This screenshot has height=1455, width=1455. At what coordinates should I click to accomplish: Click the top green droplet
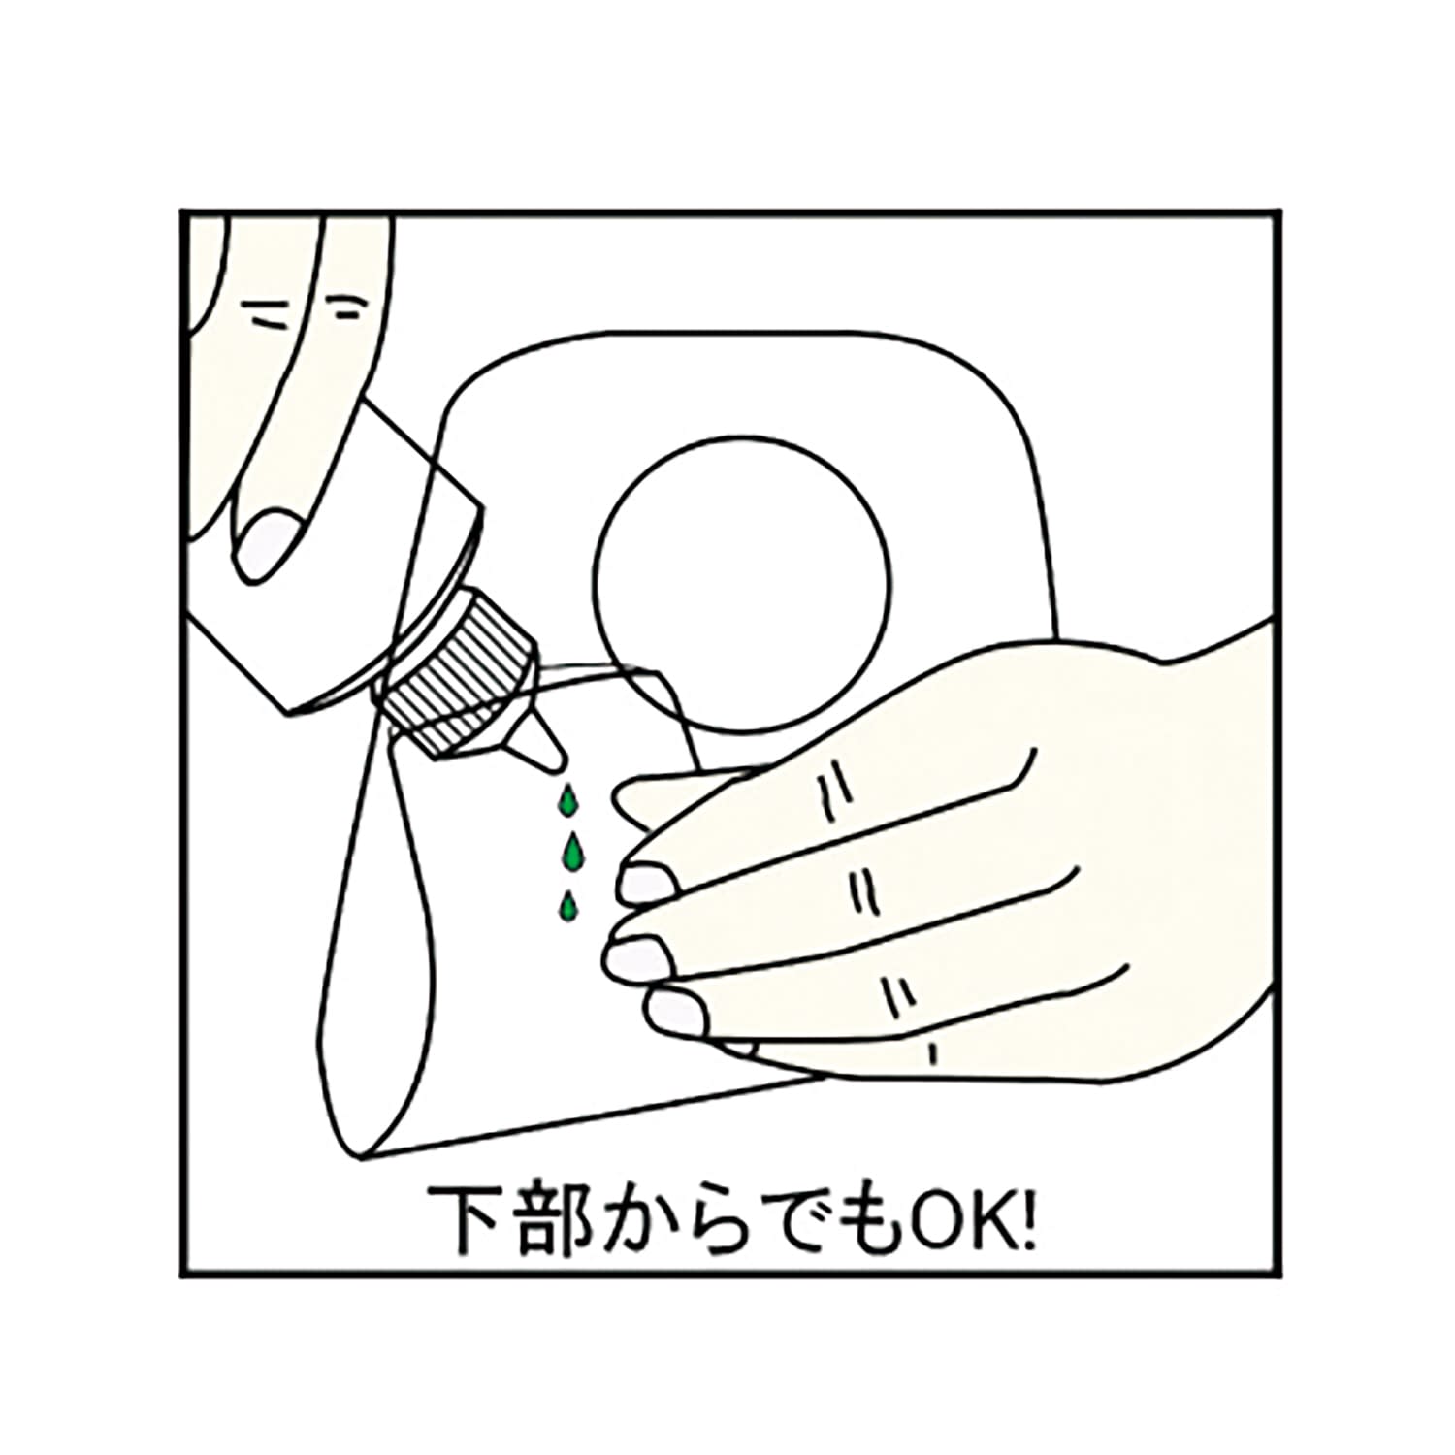point(566,801)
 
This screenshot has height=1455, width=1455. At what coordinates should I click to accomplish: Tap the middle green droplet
point(574,853)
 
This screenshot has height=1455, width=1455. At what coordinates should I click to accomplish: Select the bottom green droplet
point(567,906)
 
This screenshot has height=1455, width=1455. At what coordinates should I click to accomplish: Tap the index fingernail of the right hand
point(646,884)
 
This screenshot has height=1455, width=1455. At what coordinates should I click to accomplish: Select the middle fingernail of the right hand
point(634,956)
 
